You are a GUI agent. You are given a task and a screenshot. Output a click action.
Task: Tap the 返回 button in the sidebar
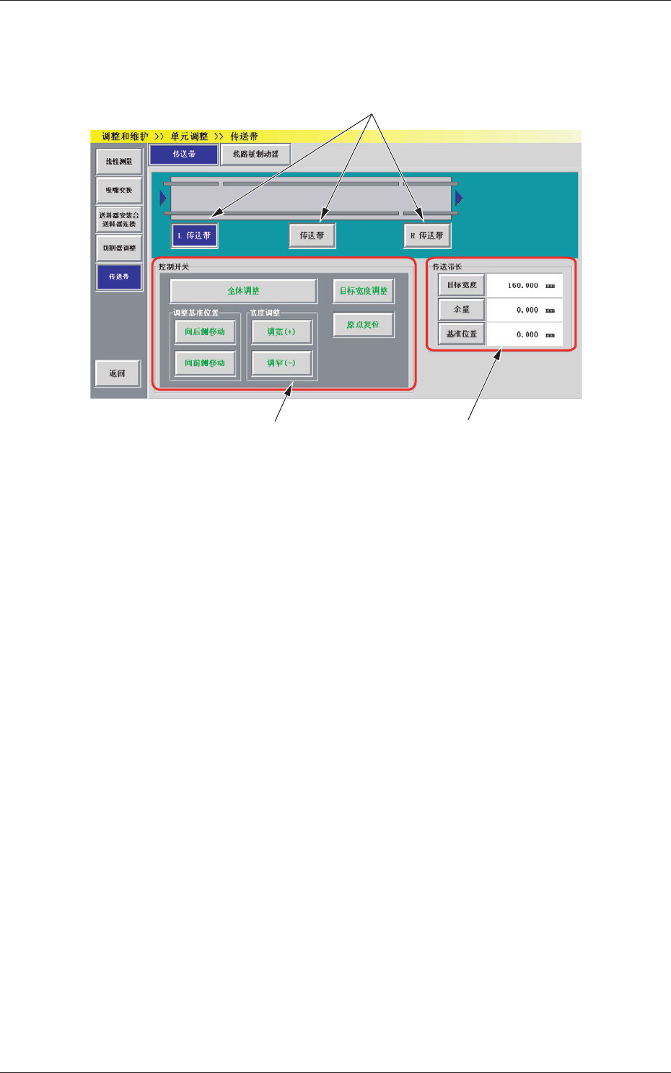tap(118, 373)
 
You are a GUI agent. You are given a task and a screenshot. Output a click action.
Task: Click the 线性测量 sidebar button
tap(119, 162)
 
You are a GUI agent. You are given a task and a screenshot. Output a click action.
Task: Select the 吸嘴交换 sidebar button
tap(119, 191)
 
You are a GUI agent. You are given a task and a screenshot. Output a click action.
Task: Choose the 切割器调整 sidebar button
tap(119, 248)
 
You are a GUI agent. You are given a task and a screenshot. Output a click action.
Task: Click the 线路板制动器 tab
tap(255, 154)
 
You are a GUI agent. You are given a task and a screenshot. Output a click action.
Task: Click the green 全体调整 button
tap(243, 291)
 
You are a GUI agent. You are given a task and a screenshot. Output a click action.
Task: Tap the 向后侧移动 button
tap(205, 332)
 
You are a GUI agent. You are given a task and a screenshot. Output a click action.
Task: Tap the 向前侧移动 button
tap(205, 363)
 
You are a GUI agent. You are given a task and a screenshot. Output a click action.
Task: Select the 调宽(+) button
tap(281, 332)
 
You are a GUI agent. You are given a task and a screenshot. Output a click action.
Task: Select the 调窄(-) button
tap(281, 363)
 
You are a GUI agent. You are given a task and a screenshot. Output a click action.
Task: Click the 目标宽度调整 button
tap(364, 291)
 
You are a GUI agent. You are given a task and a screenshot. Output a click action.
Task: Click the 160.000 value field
tap(524, 285)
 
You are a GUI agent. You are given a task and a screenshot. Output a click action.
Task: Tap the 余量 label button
tap(462, 310)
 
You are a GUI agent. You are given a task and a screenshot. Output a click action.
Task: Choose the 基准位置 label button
tap(462, 334)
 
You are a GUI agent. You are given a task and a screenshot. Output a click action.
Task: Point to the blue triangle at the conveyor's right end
tap(459, 198)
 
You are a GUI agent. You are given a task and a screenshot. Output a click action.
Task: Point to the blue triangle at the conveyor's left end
tap(163, 198)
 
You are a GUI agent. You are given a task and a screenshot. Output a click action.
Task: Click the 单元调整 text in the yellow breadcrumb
tap(189, 136)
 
